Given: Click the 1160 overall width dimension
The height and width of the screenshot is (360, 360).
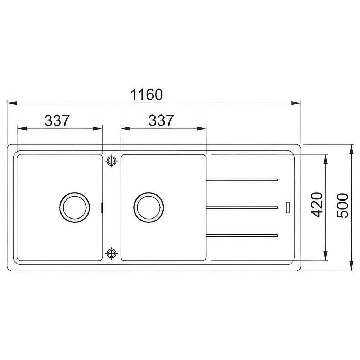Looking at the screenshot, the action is tap(147, 94).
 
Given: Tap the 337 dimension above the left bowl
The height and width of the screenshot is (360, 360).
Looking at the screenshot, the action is tap(57, 121).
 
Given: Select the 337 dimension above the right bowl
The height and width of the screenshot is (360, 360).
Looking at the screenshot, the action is tap(161, 121).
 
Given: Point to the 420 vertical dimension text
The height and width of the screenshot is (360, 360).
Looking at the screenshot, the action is tap(317, 205).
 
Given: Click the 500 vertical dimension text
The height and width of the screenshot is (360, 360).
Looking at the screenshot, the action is tap(342, 206).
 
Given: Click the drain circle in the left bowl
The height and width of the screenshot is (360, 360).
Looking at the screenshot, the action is tap(75, 207).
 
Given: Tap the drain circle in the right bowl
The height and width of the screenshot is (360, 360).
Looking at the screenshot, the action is tap(149, 207).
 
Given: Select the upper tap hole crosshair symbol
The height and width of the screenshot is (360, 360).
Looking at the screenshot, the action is tap(112, 161).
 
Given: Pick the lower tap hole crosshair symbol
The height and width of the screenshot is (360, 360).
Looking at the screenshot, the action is tap(112, 253).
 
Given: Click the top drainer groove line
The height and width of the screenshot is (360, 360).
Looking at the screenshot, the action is tap(242, 180).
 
